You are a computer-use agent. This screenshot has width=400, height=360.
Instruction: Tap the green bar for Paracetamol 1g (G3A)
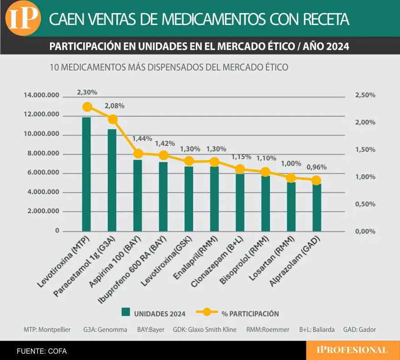(x=112, y=180)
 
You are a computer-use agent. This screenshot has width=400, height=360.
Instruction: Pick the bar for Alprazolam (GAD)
(x=317, y=207)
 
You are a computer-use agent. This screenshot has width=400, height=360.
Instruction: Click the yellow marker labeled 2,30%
(x=87, y=107)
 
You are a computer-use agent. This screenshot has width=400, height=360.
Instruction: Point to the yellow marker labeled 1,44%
(x=138, y=153)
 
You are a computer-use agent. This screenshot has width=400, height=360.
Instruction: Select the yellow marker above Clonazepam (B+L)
(x=240, y=169)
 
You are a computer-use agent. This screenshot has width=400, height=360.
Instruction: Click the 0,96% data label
(x=317, y=167)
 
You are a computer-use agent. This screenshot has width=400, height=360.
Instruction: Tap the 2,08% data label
(x=115, y=106)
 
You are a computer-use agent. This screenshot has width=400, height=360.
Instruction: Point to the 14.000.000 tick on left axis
(x=41, y=95)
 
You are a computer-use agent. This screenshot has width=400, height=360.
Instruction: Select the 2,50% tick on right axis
(x=365, y=95)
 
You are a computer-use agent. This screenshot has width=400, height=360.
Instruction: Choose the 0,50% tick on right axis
(x=365, y=204)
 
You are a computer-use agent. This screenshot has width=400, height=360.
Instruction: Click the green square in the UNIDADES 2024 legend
(x=126, y=312)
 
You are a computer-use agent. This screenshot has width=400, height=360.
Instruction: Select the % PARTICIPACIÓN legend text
(x=250, y=314)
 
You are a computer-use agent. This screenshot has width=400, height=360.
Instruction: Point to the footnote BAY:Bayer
(x=151, y=330)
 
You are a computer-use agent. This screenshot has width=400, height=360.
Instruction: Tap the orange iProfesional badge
(x=352, y=350)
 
